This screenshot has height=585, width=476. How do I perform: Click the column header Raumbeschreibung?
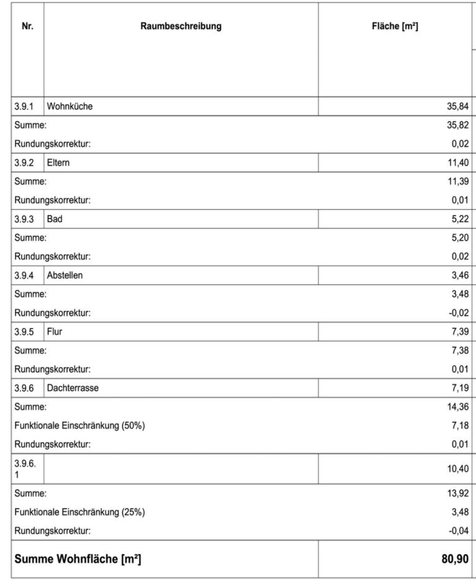click(x=181, y=27)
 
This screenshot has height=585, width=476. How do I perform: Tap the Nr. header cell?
click(x=27, y=27)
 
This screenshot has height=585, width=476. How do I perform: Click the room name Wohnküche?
click(x=69, y=106)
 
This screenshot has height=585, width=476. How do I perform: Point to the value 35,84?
click(x=457, y=106)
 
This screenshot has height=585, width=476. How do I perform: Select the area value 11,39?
click(x=457, y=182)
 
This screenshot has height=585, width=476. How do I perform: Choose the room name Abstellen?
click(x=64, y=274)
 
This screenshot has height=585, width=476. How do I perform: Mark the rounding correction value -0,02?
click(x=456, y=312)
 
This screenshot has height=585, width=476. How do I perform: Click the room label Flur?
click(x=55, y=331)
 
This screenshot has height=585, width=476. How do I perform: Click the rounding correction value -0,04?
click(x=456, y=530)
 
